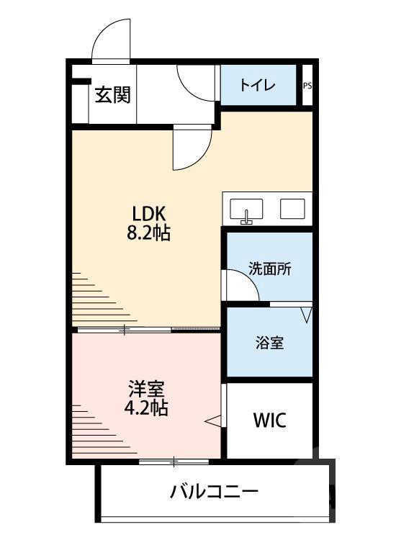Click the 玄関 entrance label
[x=112, y=94]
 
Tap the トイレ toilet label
[x=257, y=86]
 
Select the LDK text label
[x=149, y=214]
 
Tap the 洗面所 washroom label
[x=269, y=269]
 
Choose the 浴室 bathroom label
[x=269, y=343]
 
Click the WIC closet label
[x=269, y=420]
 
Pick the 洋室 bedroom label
[x=148, y=390]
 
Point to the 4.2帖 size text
[x=148, y=408]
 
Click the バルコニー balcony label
[x=214, y=493]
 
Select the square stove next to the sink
[x=294, y=209]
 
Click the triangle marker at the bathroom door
[x=306, y=315]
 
